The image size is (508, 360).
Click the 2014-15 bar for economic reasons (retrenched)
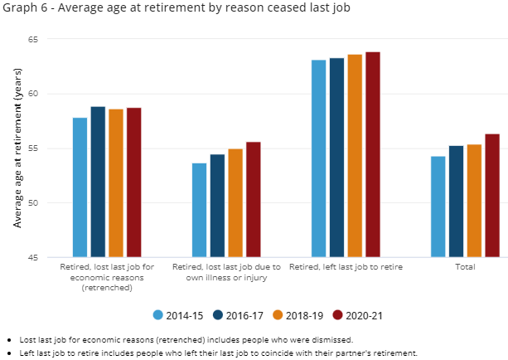[x=80, y=187]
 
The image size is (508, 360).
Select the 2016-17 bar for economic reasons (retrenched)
[x=98, y=182]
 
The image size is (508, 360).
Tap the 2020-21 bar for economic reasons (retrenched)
[x=134, y=182]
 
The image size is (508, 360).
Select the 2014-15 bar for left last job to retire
[x=318, y=158]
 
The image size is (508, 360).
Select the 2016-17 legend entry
[x=242, y=315]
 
